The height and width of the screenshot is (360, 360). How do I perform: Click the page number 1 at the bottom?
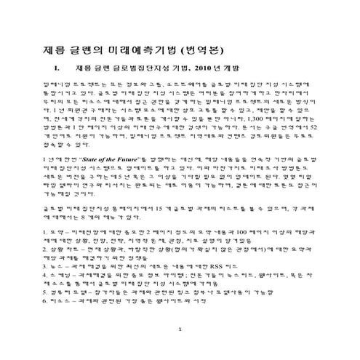(180, 350)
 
